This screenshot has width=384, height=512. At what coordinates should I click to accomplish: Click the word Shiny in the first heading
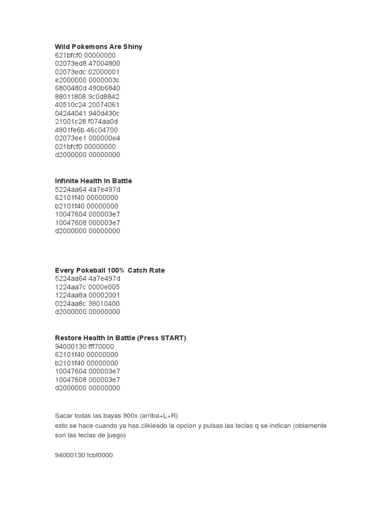[132, 46]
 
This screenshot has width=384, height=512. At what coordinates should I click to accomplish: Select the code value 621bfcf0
[68, 55]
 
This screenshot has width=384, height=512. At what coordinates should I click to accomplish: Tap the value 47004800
[104, 63]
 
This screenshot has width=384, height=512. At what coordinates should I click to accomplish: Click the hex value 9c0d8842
[104, 96]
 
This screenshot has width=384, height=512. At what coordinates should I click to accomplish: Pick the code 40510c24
[69, 105]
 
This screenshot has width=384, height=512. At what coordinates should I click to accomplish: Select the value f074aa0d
[102, 121]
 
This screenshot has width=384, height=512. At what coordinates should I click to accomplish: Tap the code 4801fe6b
[69, 130]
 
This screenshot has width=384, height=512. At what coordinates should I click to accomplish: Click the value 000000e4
[104, 138]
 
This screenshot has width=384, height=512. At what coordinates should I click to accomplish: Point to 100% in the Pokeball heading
[115, 270]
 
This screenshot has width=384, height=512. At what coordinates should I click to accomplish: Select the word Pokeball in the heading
[91, 270]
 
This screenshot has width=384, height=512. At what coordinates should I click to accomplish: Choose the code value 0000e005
[104, 287]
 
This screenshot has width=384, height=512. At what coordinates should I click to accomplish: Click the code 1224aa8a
[69, 295]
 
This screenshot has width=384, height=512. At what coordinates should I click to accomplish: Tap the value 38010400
[104, 303]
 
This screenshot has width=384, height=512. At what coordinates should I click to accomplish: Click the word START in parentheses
[171, 338]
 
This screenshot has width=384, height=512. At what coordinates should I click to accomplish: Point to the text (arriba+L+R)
[159, 415]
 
